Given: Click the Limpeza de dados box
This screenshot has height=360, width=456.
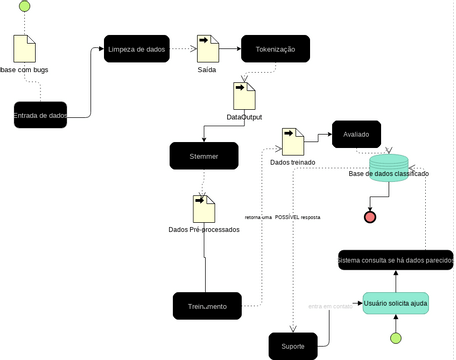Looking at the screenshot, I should pos(135,49).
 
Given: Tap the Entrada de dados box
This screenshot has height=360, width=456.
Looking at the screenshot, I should pos(40,116).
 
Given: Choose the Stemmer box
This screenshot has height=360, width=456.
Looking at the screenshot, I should pos(204,155).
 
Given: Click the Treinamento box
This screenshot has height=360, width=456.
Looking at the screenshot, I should pos(207,305).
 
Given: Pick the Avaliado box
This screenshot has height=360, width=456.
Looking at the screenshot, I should pos(357,134).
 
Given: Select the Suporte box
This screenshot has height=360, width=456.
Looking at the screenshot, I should pos(293,346).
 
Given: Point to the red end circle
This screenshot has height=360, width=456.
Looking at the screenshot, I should pos(370,217).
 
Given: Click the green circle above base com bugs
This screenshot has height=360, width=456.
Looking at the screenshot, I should pos(25,7).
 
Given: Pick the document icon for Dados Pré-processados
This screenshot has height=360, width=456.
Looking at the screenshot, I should pos(204,208).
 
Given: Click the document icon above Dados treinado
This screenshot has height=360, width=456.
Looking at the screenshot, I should pos(293,141).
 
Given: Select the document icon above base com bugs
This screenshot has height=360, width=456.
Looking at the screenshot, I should pos(25,49).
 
